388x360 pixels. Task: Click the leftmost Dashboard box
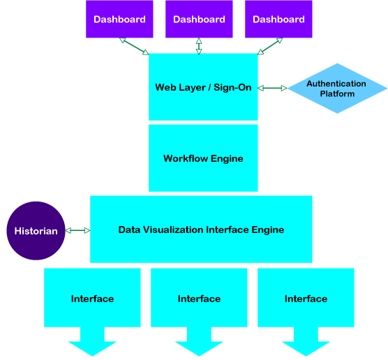tap(119, 19)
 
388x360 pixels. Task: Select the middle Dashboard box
tap(199, 19)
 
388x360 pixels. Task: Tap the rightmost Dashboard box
tap(278, 19)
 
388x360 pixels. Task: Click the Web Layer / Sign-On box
tap(203, 87)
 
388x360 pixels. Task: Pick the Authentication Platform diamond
tap(337, 89)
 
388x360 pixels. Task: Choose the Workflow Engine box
tap(203, 158)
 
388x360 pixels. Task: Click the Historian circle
tap(36, 231)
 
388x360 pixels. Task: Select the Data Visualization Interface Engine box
tap(201, 230)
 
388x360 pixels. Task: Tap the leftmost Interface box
tap(92, 298)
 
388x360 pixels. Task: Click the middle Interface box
tap(199, 298)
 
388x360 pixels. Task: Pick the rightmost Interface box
tap(306, 298)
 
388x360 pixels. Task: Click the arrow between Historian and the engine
tap(77, 231)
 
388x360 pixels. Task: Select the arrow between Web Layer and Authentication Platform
tap(272, 88)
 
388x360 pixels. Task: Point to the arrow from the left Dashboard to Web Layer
tap(134, 46)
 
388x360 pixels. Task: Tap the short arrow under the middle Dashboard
tap(199, 46)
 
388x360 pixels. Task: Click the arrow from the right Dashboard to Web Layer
tap(270, 46)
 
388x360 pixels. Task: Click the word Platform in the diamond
tap(337, 93)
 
